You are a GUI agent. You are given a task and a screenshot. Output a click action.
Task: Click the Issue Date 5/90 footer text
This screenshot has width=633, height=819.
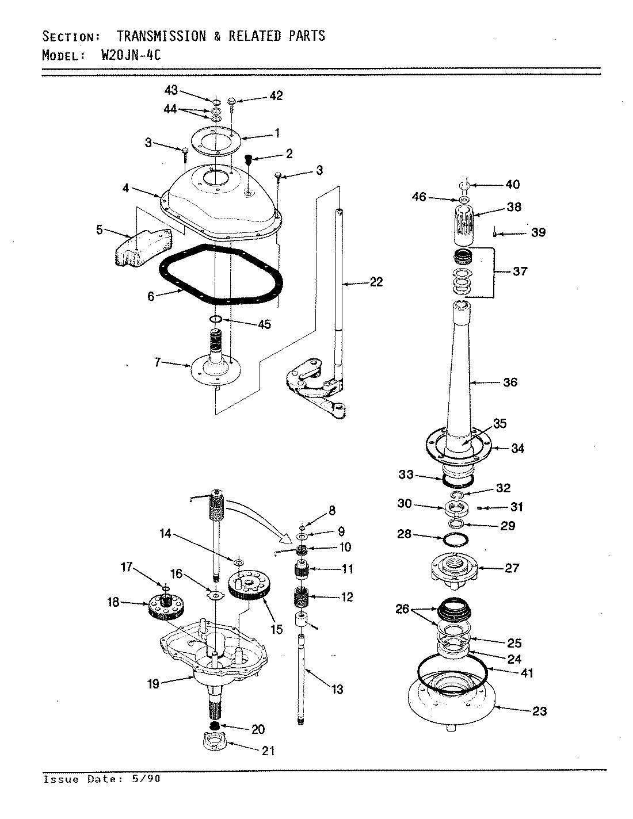[x=102, y=779]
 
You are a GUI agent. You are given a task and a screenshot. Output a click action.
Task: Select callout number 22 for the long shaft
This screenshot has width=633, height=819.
[x=376, y=282]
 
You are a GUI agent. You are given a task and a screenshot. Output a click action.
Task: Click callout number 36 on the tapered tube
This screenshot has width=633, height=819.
[x=510, y=382]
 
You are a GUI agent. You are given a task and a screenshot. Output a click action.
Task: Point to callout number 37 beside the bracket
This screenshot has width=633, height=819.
[x=520, y=271]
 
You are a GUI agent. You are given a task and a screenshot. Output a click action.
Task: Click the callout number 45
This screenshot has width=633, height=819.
[x=264, y=324]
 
